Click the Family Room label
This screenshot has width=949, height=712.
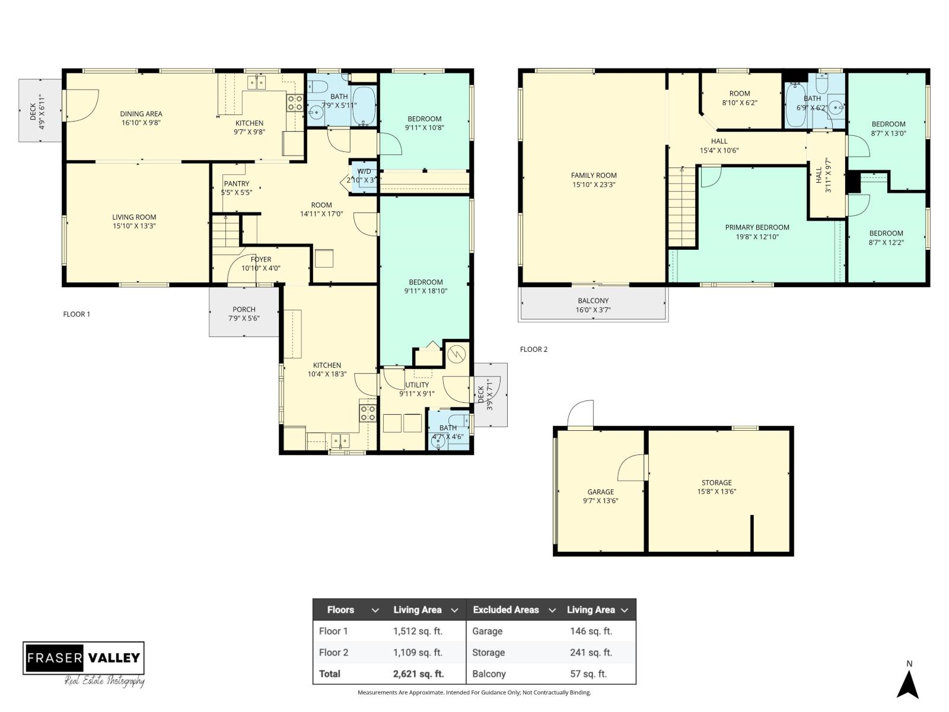click(x=594, y=175)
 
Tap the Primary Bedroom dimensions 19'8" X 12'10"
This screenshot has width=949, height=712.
click(x=757, y=237)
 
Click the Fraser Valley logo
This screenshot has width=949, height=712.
click(x=84, y=658)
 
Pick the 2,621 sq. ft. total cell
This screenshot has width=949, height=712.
click(x=418, y=673)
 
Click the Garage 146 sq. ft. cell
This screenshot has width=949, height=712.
click(x=591, y=631)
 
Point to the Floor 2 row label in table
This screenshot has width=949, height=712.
click(x=333, y=652)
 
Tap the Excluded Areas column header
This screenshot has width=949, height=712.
click(x=506, y=609)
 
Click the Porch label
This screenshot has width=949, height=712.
click(x=244, y=309)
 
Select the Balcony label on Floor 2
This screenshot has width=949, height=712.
click(x=593, y=301)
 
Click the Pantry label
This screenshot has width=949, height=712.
click(x=237, y=183)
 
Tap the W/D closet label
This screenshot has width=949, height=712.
click(x=364, y=171)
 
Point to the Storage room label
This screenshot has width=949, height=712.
click(x=716, y=482)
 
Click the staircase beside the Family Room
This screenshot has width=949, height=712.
click(x=682, y=206)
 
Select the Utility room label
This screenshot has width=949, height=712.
click(x=417, y=384)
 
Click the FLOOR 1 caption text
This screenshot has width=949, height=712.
click(x=77, y=314)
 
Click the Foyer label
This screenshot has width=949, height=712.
click(x=261, y=259)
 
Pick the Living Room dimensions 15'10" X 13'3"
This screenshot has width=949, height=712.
click(x=134, y=226)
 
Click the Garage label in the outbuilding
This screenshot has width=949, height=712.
click(x=600, y=491)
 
